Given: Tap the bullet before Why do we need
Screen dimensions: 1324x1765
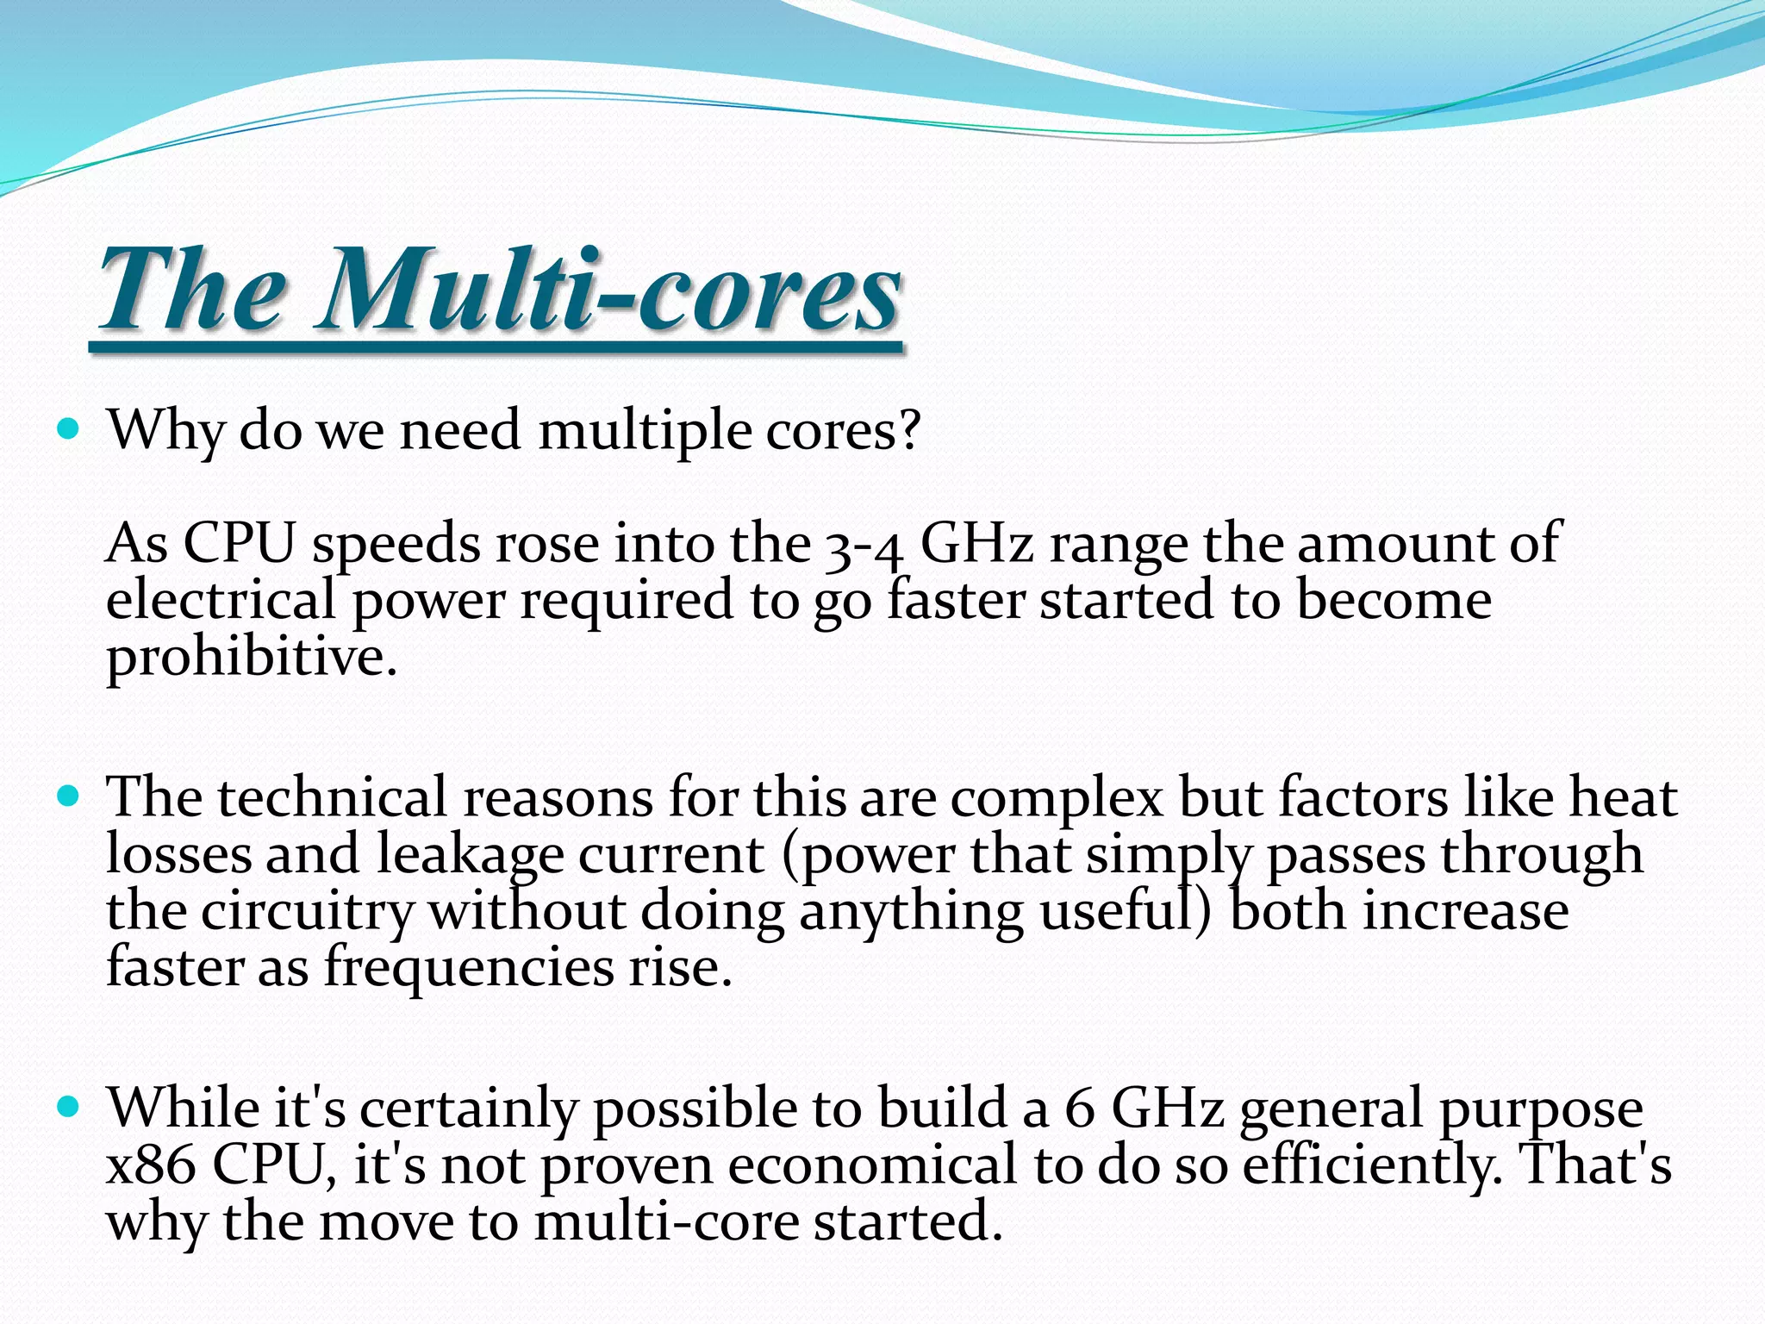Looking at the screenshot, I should [67, 428].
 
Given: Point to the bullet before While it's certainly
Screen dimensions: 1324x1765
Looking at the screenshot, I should [67, 1106].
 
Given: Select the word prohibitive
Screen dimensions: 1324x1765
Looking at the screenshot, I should [250, 659].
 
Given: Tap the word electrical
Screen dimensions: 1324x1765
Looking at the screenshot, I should [221, 600].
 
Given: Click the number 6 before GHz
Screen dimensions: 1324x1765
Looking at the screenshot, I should [1079, 1109].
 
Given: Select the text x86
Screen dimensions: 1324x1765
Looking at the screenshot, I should [151, 1165].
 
